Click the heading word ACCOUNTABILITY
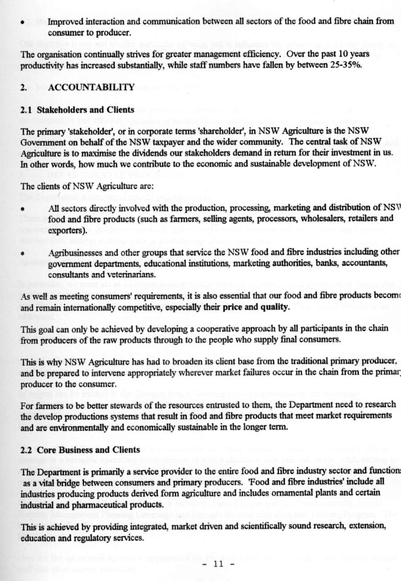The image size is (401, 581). tap(91, 88)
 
